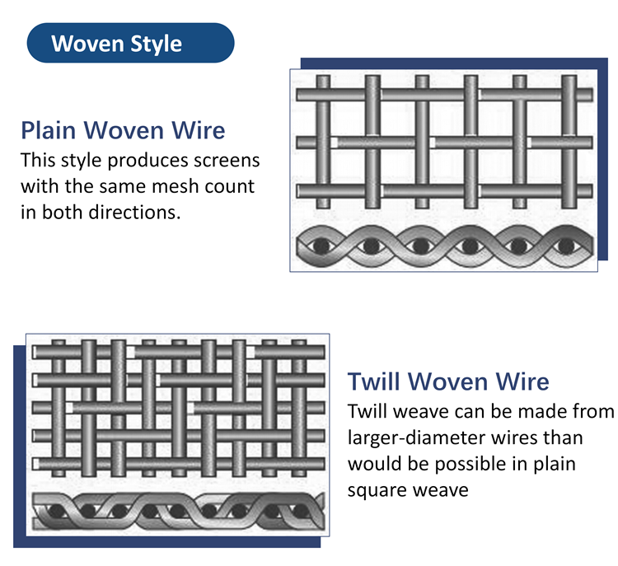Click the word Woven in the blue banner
pos(88,44)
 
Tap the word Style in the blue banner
pos(156,44)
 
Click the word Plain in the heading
pos(48,130)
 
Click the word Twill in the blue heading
pos(373,381)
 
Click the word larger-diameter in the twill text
pos(438,438)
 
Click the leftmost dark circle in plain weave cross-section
pos(321,246)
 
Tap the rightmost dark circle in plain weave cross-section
pos(567,246)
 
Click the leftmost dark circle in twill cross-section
pos(57,512)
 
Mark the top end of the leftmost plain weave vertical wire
pos(323,76)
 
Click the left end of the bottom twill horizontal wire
pos(34,464)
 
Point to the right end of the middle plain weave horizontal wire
pos(591,143)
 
